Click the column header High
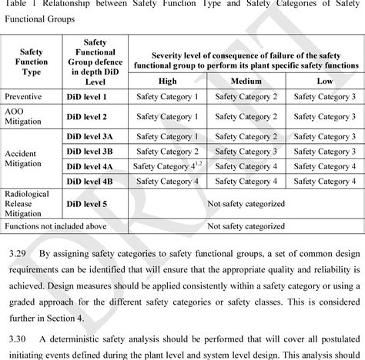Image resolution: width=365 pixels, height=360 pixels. (166, 82)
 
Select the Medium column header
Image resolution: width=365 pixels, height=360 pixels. (246, 82)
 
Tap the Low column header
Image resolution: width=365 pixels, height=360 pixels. (324, 82)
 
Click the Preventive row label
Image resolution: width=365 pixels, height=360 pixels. (24, 97)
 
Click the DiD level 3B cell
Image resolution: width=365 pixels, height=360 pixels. (90, 151)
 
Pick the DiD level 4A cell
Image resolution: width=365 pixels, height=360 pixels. (90, 165)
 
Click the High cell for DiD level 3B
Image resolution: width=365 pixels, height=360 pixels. (167, 151)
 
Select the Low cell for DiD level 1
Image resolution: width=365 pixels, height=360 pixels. (324, 97)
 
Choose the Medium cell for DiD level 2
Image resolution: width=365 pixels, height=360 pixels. (246, 116)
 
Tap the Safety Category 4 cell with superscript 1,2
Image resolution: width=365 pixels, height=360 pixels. (164, 165)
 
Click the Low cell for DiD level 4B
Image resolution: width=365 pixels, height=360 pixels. (324, 181)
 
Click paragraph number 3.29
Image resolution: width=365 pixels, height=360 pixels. (15, 252)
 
